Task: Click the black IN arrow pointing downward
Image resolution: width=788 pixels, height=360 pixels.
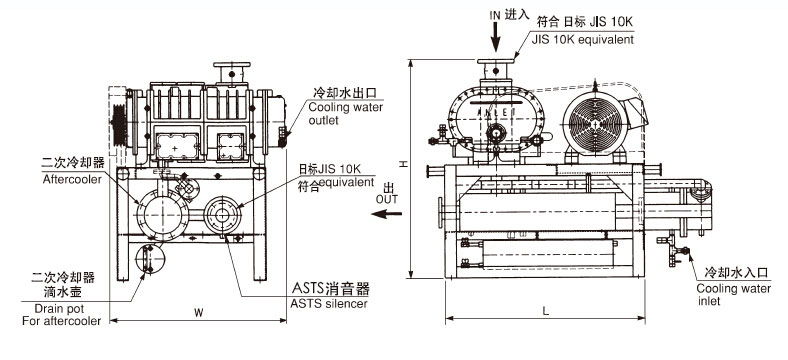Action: pos(496,37)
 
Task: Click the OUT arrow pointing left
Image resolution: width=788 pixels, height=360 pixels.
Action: pos(386,214)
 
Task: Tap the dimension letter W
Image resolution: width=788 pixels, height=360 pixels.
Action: pos(199,313)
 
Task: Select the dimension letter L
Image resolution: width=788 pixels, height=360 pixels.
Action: pos(546,311)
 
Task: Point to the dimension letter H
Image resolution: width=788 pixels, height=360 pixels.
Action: pos(403,164)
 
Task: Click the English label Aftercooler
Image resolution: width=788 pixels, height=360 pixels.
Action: pos(72,179)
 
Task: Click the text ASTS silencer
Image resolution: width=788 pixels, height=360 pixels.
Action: pos(329,304)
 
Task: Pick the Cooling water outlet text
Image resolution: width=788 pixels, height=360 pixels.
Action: pos(346,114)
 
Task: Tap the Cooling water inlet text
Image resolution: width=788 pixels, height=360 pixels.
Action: pos(733,295)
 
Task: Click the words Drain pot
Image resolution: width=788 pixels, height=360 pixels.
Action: pos(59,309)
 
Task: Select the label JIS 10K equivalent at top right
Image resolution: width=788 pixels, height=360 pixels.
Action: pos(583,40)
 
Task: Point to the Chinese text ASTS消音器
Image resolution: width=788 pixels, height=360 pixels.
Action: pos(331,289)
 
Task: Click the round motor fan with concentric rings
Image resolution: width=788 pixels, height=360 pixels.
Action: pos(595,122)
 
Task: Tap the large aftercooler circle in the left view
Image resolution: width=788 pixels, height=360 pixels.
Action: pos(162,215)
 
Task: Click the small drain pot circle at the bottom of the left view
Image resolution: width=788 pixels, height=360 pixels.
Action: pos(150,259)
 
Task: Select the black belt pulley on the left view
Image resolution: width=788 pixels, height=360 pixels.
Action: pos(119,125)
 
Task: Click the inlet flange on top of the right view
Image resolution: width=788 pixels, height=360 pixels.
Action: pos(496,61)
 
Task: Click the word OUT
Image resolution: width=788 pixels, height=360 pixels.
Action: pos(386,200)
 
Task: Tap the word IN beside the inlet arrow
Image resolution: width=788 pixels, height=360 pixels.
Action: pos(495,15)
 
